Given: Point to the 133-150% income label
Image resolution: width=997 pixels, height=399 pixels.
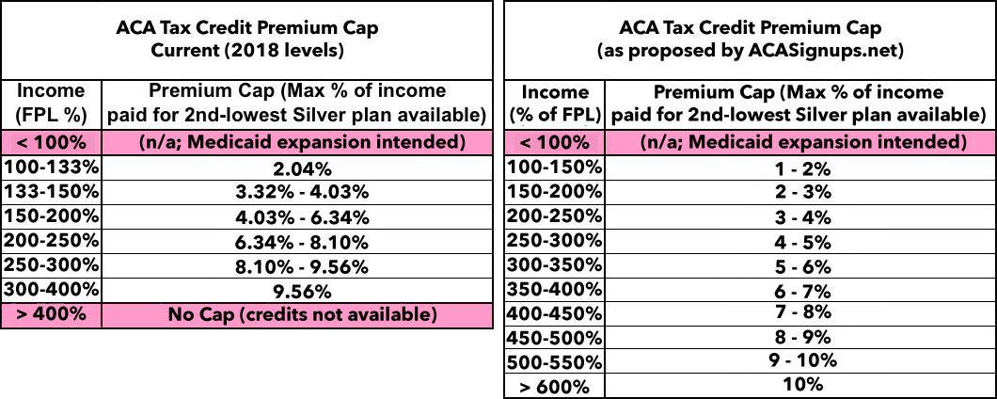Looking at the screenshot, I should click(x=51, y=192).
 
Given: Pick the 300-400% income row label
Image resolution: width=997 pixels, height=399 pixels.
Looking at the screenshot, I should click(x=51, y=290).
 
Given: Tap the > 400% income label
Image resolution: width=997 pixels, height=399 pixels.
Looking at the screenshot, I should click(x=51, y=314).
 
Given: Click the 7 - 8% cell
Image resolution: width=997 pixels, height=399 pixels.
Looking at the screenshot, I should click(x=802, y=312).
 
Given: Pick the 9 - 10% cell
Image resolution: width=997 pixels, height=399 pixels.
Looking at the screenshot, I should click(x=802, y=360).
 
